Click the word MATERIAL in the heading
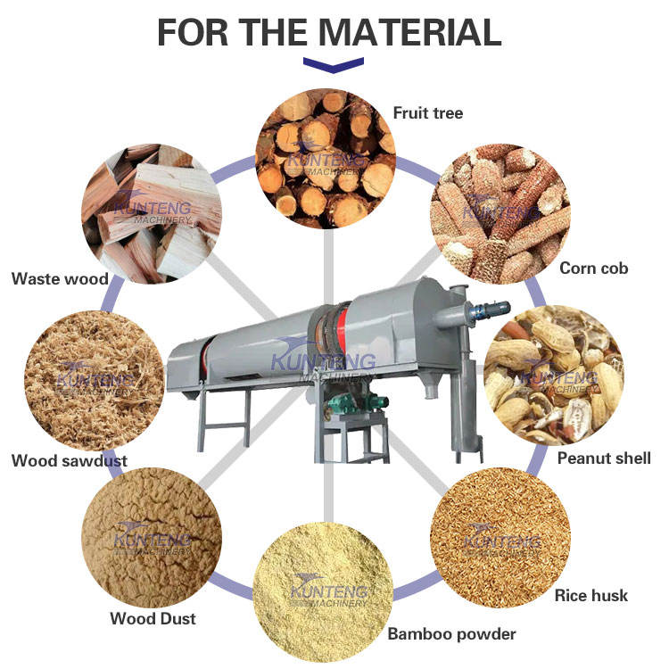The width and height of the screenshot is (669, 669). (409, 32)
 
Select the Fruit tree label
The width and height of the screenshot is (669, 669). (428, 113)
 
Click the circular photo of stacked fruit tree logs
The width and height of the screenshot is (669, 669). (326, 159)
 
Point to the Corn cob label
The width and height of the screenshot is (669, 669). (593, 268)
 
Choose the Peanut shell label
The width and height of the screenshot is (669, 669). (604, 458)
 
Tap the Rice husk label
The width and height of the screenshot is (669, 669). (591, 596)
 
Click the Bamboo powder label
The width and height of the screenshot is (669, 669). (451, 634)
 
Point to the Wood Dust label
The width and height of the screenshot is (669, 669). (153, 618)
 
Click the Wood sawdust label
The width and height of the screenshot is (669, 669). (69, 461)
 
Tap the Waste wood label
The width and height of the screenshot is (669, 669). (60, 279)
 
